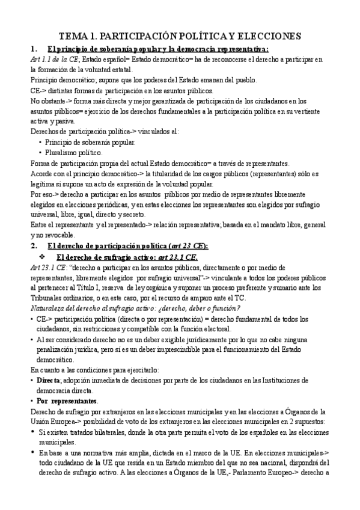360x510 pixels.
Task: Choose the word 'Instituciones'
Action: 275,380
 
